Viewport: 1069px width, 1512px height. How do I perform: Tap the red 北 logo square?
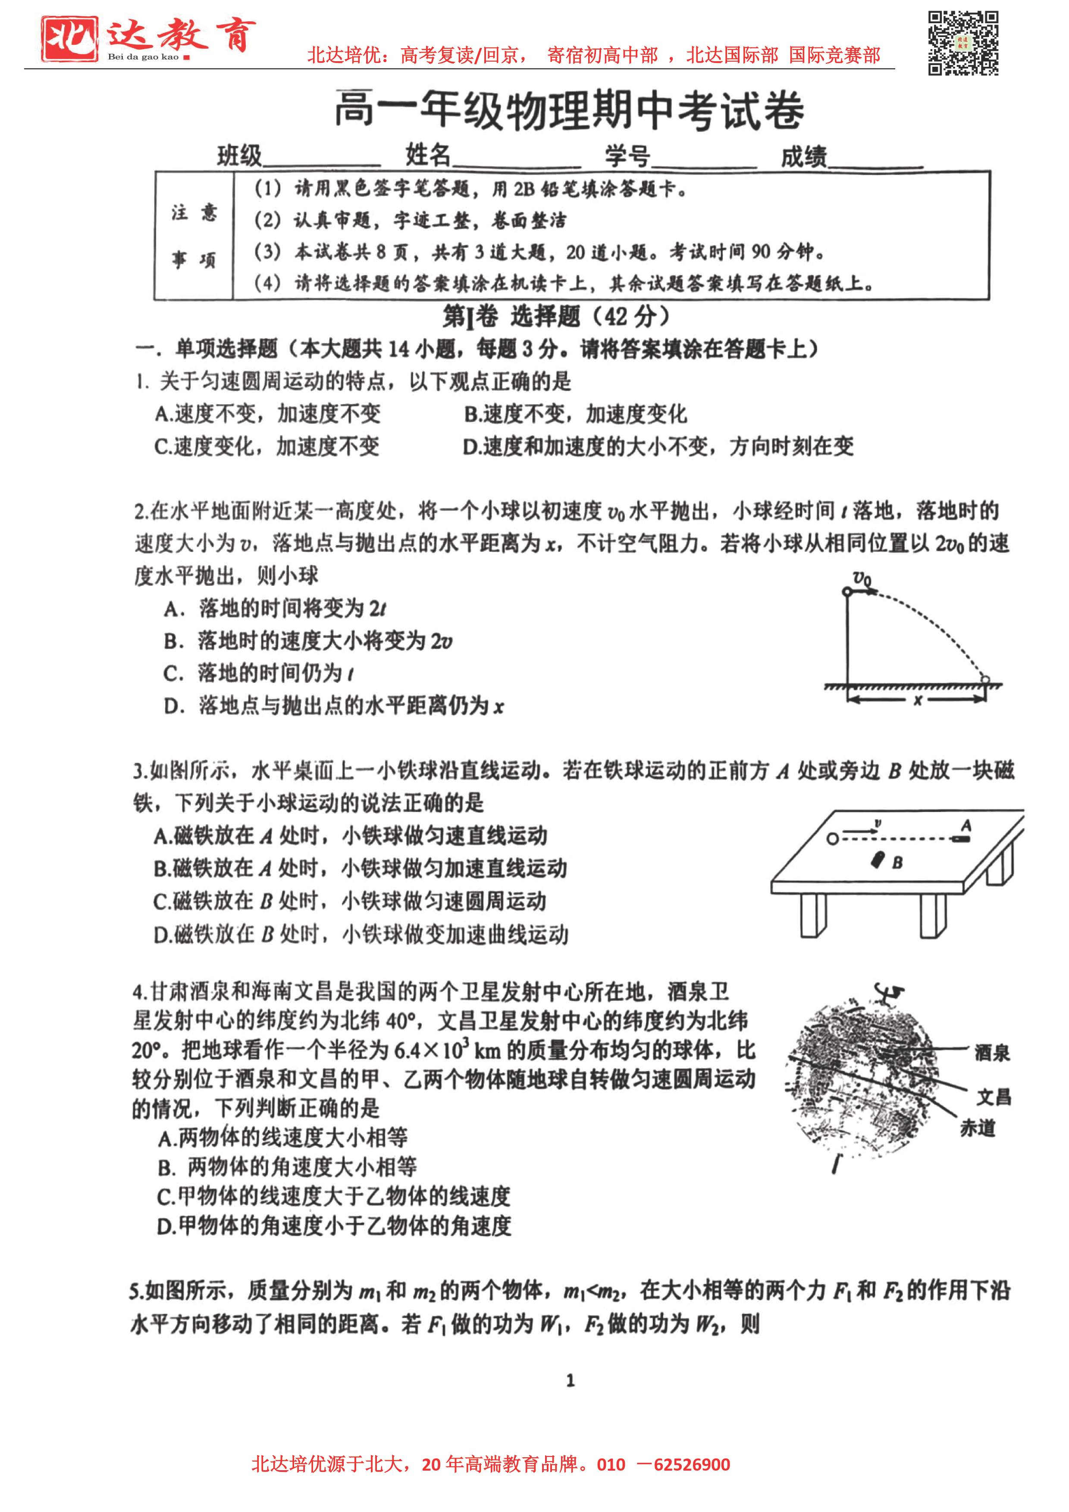coord(69,39)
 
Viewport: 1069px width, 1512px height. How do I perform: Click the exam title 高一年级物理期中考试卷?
coord(569,110)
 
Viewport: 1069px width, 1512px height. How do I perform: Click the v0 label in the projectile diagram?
coord(862,578)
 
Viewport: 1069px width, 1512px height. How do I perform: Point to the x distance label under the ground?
coord(918,701)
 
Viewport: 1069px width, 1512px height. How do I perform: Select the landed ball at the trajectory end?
coord(984,679)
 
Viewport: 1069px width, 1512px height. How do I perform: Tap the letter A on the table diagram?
coord(966,825)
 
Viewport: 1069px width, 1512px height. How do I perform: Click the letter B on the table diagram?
coord(897,863)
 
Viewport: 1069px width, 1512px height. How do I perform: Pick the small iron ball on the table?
coord(833,838)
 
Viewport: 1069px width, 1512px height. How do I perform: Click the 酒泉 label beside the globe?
coord(992,1053)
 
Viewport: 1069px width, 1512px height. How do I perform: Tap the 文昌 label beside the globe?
coord(993,1097)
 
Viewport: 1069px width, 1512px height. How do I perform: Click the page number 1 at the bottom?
coord(571,1380)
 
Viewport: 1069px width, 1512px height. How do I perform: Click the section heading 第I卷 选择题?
coord(555,317)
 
